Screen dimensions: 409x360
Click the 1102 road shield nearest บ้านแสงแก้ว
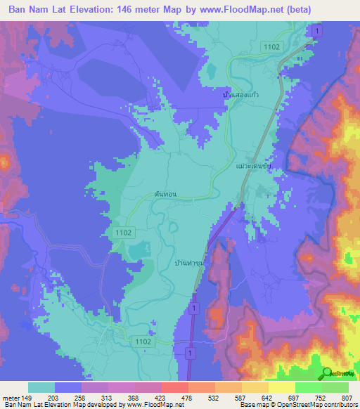[273, 46]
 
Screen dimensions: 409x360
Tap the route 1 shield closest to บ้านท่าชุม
[194, 307]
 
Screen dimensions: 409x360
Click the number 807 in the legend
[347, 398]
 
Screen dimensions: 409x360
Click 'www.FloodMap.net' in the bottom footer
[151, 405]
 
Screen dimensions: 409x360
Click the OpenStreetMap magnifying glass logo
[326, 373]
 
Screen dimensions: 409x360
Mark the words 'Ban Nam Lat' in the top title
[37, 9]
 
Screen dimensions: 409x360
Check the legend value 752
[321, 398]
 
